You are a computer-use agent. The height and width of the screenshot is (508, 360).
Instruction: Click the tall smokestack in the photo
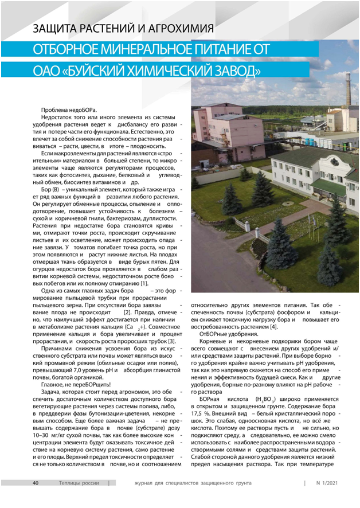tap(348, 95)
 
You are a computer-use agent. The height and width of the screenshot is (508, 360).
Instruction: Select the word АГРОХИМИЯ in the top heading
tap(174, 28)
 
